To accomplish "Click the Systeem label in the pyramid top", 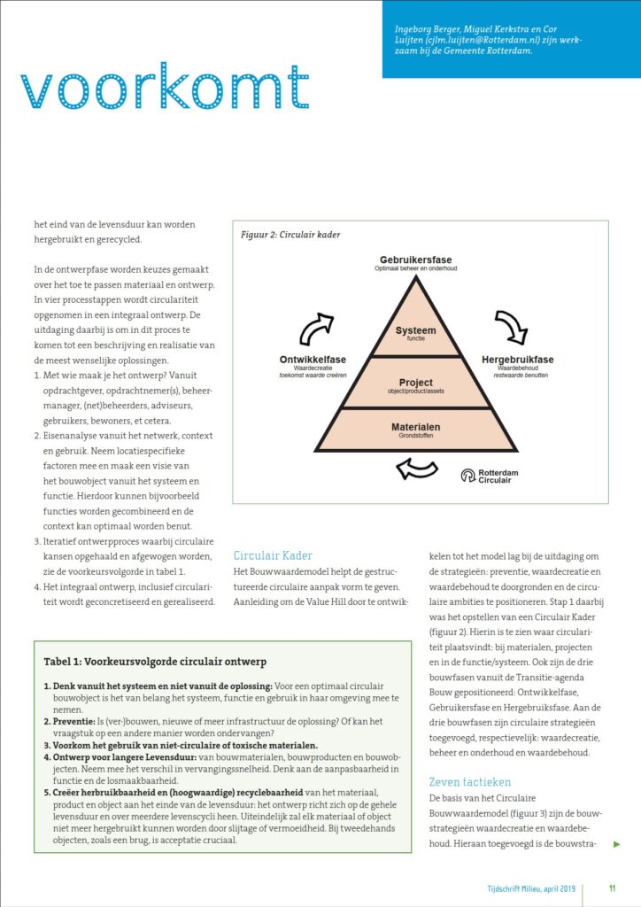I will pyautogui.click(x=415, y=331).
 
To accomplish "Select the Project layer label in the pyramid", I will pyautogui.click(x=415, y=383).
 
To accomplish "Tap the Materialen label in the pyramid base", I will pyautogui.click(x=415, y=428).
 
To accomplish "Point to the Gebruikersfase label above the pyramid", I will pyautogui.click(x=415, y=260).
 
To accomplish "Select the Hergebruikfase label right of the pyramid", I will pyautogui.click(x=517, y=360).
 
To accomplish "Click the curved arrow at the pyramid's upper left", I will pyautogui.click(x=316, y=329).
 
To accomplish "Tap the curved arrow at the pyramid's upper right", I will pyautogui.click(x=511, y=326).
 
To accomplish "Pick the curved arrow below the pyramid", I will pyautogui.click(x=416, y=468).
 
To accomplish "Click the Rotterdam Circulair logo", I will pyautogui.click(x=492, y=476).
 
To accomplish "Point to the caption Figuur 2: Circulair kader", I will pyautogui.click(x=290, y=236).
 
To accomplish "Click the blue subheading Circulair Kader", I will pyautogui.click(x=273, y=555).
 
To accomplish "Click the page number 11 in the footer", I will pyautogui.click(x=613, y=888).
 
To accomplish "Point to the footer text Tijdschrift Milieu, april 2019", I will pyautogui.click(x=525, y=888).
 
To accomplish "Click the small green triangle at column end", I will pyautogui.click(x=616, y=844).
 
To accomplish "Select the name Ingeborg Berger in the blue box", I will pyautogui.click(x=425, y=29).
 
